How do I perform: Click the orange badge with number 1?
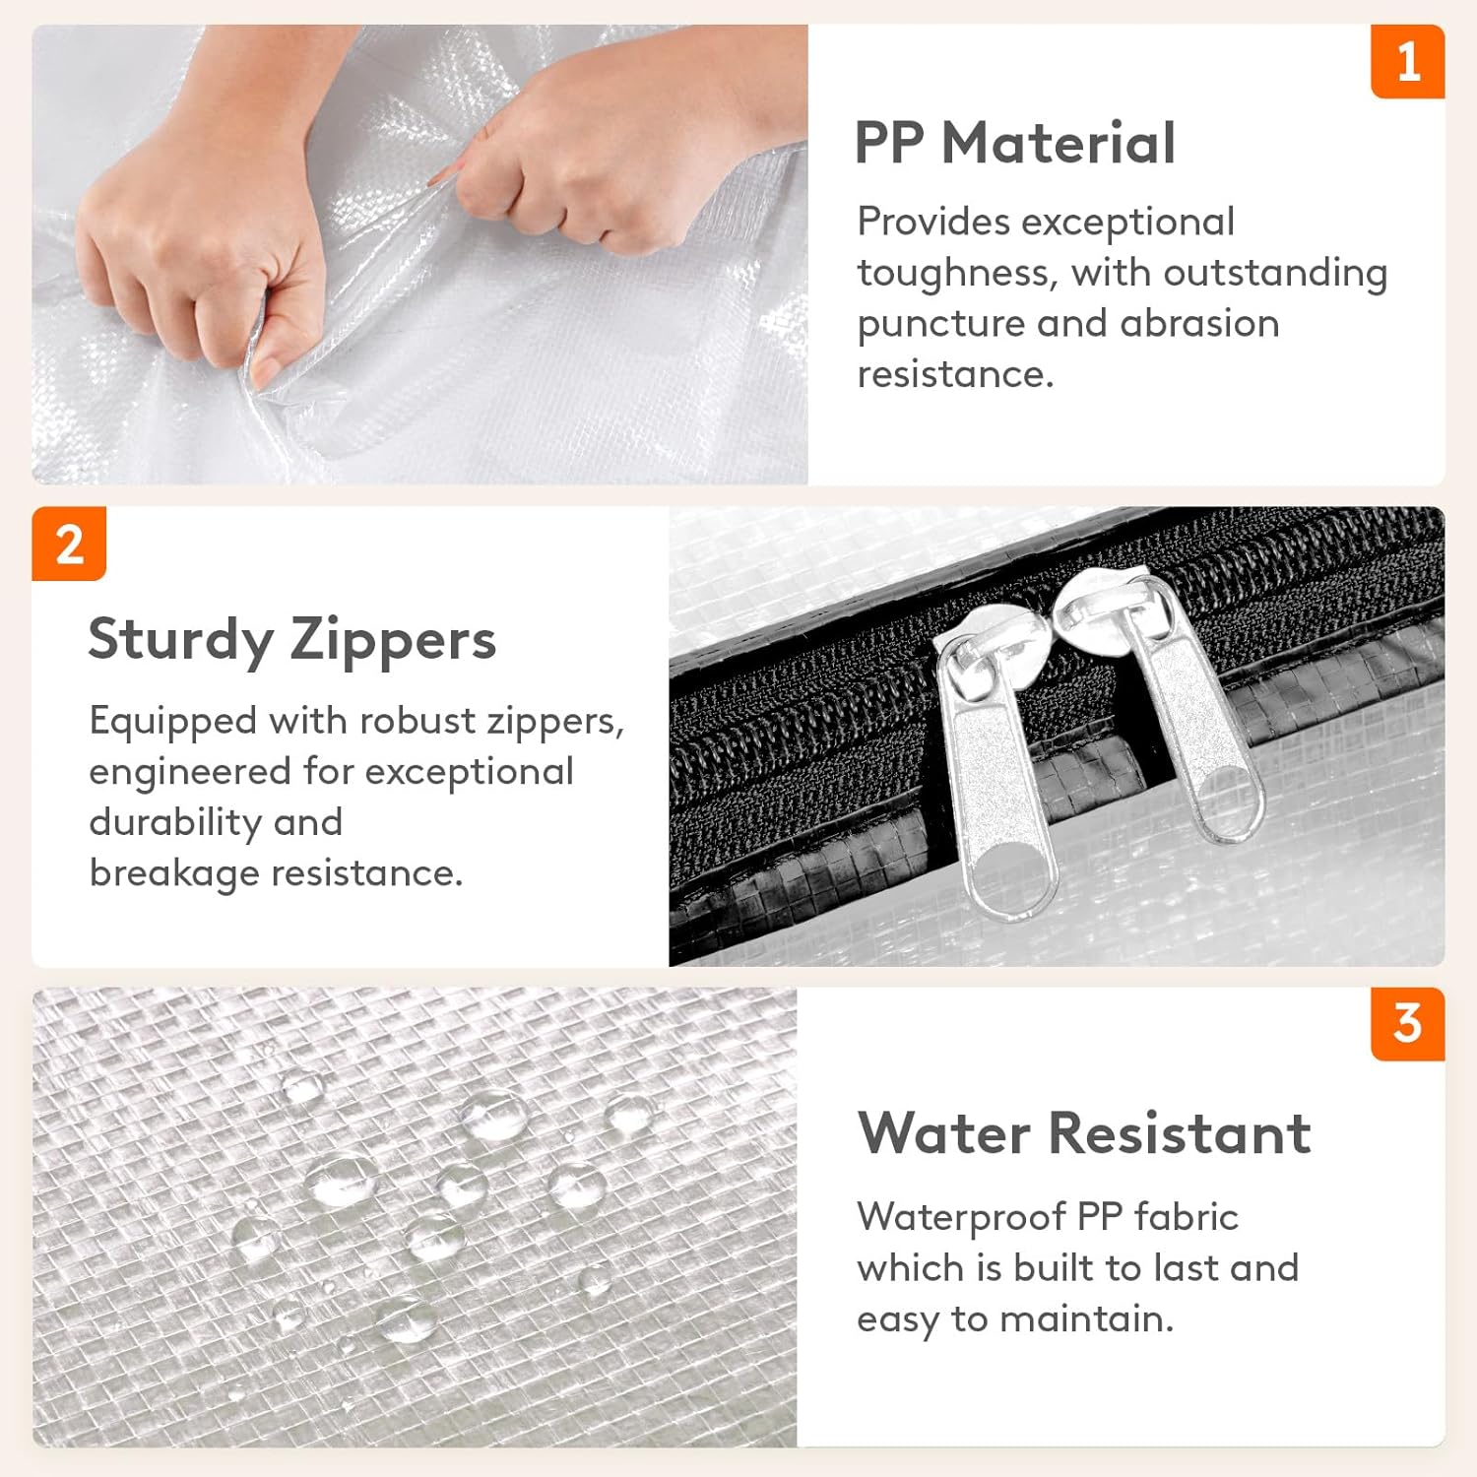[1407, 61]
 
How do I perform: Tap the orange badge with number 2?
[69, 544]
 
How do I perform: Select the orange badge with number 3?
[1407, 1024]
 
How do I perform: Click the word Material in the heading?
[1059, 143]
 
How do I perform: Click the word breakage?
[173, 873]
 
